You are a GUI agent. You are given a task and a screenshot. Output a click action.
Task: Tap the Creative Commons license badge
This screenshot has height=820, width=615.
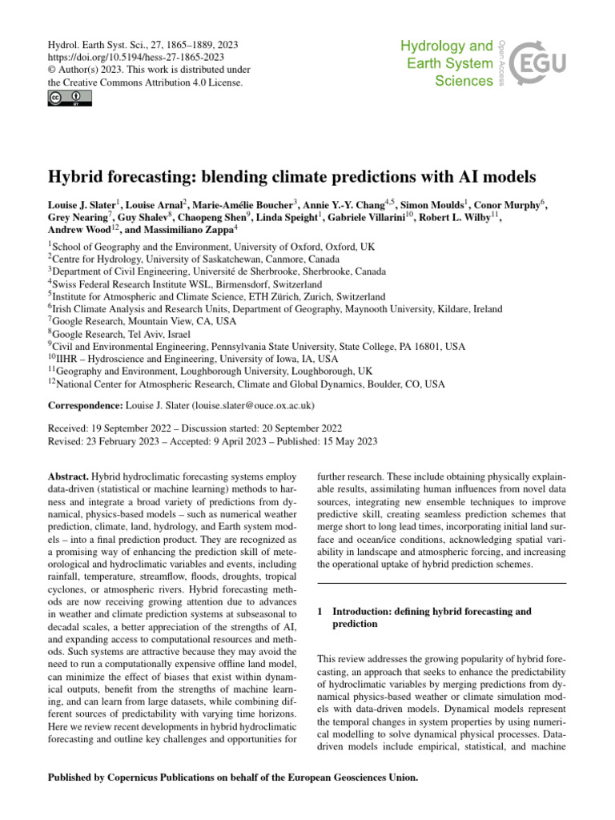[66, 98]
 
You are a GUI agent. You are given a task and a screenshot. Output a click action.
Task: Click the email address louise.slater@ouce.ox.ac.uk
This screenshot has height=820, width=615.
[248, 406]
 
